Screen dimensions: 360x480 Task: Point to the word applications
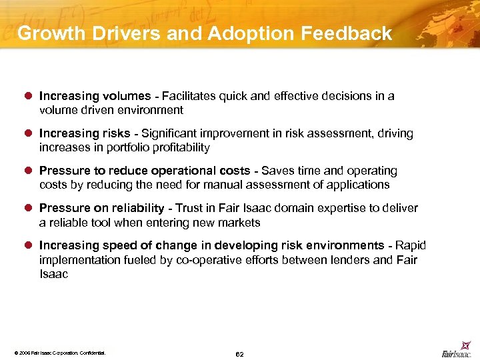click(356, 185)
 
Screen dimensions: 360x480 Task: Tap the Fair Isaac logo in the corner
click(457, 351)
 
